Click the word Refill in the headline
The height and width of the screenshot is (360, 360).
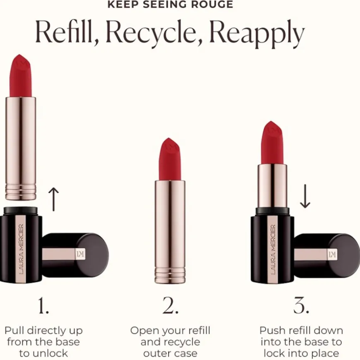(67, 32)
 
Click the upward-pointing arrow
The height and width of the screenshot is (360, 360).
(54, 199)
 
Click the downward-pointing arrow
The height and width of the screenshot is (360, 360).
(305, 196)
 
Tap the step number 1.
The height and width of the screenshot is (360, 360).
(43, 305)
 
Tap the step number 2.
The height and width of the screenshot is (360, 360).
(170, 305)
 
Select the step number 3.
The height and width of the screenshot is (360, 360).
(301, 305)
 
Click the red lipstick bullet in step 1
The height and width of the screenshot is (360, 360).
(20, 76)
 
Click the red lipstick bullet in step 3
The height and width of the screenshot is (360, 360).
(272, 143)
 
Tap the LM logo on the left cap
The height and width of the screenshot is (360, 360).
(80, 254)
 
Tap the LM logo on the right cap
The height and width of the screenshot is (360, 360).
(332, 254)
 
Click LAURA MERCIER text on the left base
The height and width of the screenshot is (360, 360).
(21, 249)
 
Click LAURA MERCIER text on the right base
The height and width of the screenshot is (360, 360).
(273, 250)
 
